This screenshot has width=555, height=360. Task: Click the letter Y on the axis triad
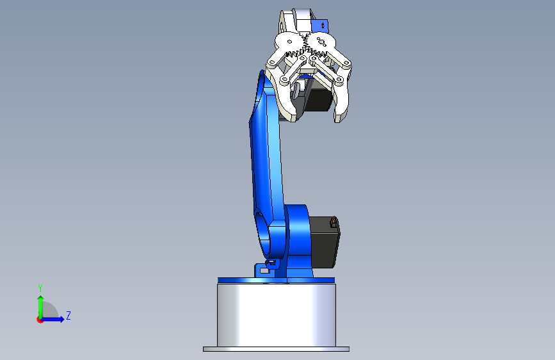pyautogui.click(x=40, y=288)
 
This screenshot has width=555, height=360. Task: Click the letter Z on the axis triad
pyautogui.click(x=68, y=315)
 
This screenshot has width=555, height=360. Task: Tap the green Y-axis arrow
pyautogui.click(x=41, y=307)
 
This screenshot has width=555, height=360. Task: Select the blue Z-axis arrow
pyautogui.click(x=52, y=319)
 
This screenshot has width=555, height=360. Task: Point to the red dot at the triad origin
pyautogui.click(x=40, y=320)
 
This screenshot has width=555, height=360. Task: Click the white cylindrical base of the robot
pyautogui.click(x=277, y=315)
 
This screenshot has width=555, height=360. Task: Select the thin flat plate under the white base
pyautogui.click(x=276, y=349)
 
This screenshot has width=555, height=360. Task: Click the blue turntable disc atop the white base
pyautogui.click(x=276, y=281)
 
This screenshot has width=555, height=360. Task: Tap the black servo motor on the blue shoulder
pyautogui.click(x=324, y=242)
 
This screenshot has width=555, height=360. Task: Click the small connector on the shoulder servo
pyautogui.click(x=334, y=222)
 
